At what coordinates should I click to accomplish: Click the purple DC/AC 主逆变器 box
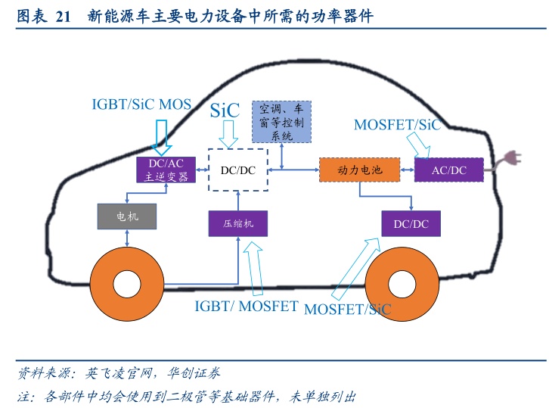[x=165, y=170]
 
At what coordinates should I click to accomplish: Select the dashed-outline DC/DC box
[x=238, y=170]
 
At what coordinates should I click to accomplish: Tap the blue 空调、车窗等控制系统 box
[x=281, y=120]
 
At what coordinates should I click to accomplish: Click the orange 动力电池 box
[x=360, y=170]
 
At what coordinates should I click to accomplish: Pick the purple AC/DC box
[x=448, y=170]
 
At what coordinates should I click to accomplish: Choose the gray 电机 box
[x=126, y=216]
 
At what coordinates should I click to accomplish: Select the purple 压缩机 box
[x=238, y=224]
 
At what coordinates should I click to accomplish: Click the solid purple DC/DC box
[x=411, y=223]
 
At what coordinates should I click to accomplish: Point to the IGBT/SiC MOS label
[x=141, y=104]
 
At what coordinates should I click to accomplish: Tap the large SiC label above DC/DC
[x=225, y=111]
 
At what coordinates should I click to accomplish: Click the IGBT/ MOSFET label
[x=247, y=307]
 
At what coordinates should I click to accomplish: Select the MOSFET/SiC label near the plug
[x=397, y=125]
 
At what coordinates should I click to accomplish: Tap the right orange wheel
[x=402, y=285]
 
